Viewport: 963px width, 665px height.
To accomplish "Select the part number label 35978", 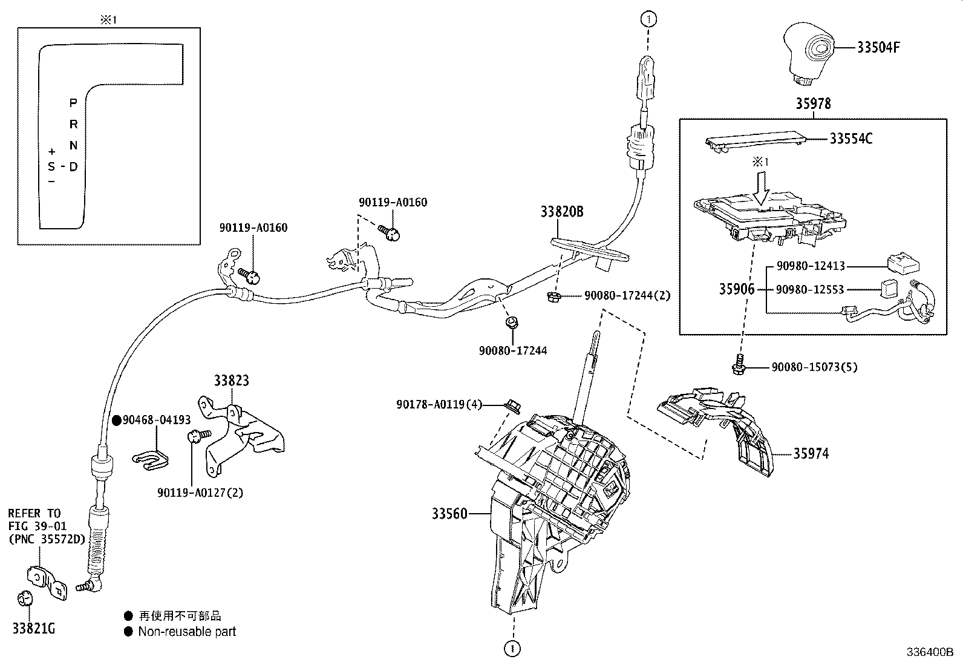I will [813, 103].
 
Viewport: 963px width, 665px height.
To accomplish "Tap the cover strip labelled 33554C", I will [756, 140].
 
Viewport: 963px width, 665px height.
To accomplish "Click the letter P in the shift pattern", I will [73, 103].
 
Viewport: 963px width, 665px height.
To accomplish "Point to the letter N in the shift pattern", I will [73, 145].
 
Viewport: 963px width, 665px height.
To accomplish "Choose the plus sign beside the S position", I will [52, 151].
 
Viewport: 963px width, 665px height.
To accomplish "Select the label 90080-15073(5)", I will [814, 367].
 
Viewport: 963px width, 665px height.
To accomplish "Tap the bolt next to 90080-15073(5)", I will [737, 365].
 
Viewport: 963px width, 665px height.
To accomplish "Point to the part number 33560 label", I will [449, 514].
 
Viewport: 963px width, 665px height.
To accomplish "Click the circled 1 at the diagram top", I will [648, 19].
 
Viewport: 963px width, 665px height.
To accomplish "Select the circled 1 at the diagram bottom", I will [512, 649].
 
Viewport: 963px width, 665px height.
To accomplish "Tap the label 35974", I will [811, 453].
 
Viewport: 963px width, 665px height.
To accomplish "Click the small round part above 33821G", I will [24, 598].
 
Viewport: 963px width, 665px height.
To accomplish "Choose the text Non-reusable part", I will [187, 632].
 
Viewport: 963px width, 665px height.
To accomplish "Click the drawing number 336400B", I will [929, 653].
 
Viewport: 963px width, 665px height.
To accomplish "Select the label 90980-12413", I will [811, 266].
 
